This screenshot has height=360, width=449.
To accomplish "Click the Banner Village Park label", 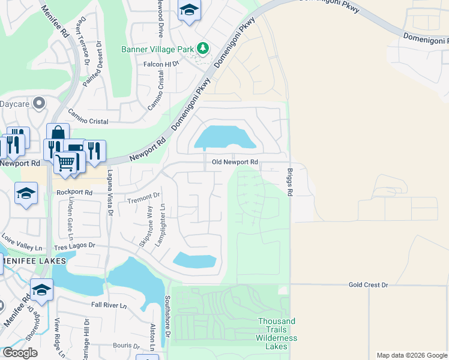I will pos(158,49).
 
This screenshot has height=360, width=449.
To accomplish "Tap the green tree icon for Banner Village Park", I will pos(203,48).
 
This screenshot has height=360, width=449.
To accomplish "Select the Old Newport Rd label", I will pos(235,162).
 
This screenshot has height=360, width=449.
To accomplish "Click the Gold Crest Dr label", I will pos(368,284).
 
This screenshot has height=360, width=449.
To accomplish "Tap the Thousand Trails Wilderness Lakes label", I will pos(277,329).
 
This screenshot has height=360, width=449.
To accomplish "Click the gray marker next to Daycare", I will pos(40,104).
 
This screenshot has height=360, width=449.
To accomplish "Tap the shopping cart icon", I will pos(66,161).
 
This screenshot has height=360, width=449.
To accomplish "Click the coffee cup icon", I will pos(76,149).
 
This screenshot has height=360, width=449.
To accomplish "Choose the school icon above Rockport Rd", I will pos(26,193).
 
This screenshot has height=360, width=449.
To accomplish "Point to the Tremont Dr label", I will pos(144,196).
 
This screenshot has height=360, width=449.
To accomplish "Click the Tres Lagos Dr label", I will pos(75,245).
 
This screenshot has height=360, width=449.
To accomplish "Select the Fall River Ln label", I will pos(109,305).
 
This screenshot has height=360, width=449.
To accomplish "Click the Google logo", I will pos(19,353).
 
